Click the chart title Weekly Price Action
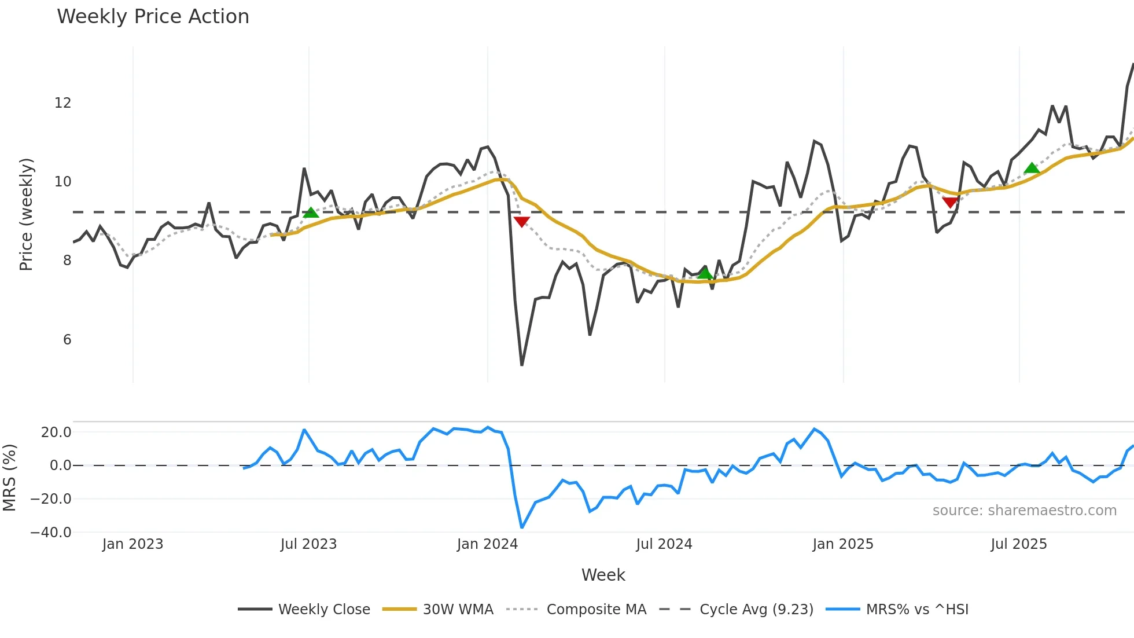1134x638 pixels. click(153, 17)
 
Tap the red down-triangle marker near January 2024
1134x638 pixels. click(521, 222)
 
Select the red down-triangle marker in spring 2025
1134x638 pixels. click(950, 202)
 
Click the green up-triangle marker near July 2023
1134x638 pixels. click(311, 213)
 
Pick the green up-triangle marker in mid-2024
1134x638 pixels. click(705, 273)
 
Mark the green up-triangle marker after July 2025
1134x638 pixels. click(1032, 168)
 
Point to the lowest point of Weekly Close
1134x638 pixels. click(522, 365)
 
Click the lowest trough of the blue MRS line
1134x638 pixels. click(522, 527)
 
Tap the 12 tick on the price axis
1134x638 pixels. click(62, 103)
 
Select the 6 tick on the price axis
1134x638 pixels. click(67, 340)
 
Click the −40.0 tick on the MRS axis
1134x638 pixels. click(51, 533)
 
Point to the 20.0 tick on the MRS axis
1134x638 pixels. click(56, 432)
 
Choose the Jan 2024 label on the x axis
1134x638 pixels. click(487, 544)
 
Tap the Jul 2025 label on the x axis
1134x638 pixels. click(1018, 544)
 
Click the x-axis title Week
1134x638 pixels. click(603, 575)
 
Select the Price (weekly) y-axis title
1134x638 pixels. click(26, 214)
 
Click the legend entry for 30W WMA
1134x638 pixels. click(458, 610)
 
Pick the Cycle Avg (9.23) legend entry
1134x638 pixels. click(756, 610)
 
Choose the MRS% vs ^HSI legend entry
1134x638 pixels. click(916, 610)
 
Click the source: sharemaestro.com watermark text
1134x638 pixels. click(1024, 511)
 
